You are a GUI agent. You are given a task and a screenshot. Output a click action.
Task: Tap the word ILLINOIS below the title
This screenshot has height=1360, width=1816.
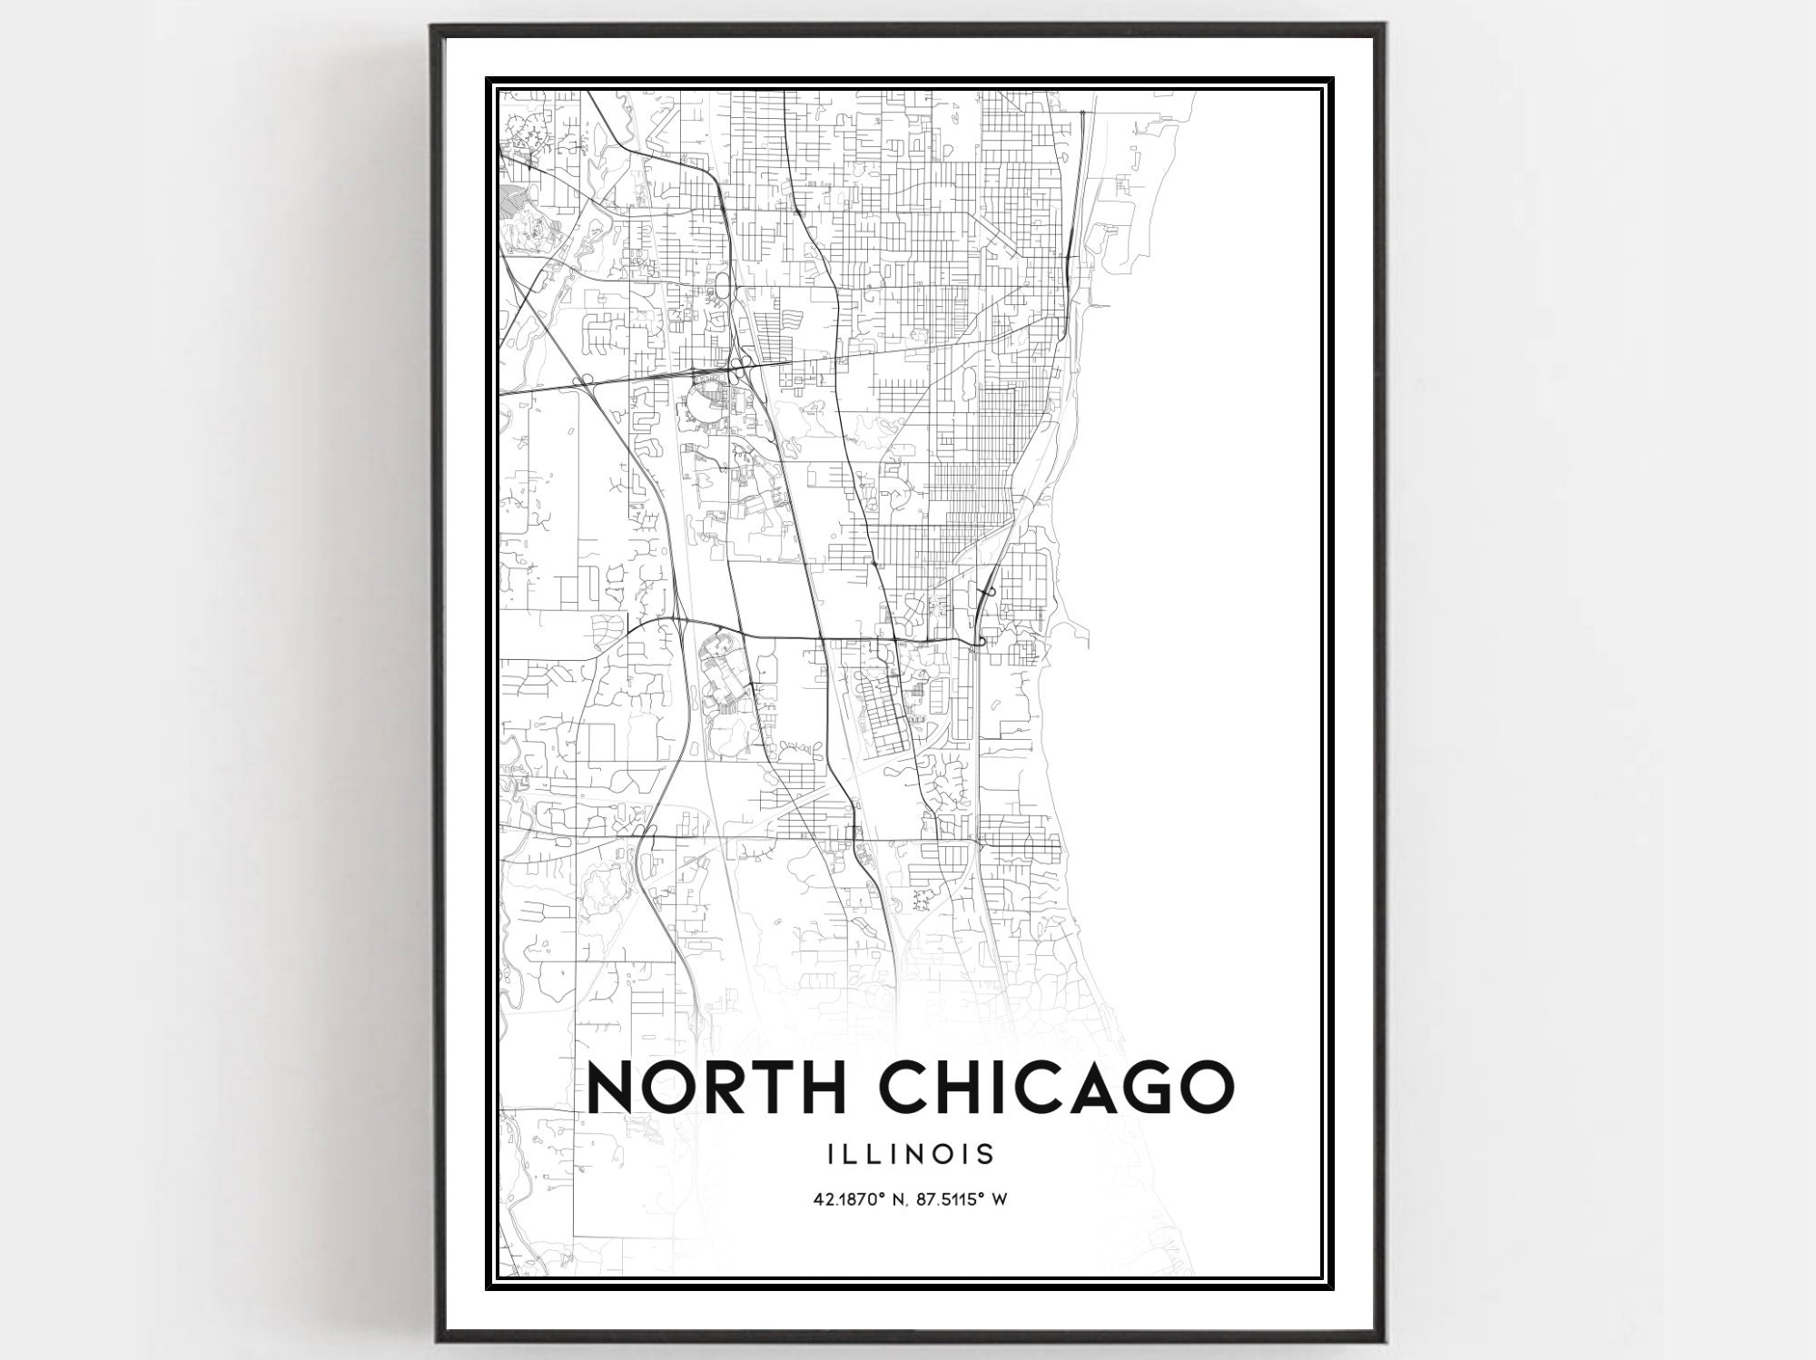coord(911,1154)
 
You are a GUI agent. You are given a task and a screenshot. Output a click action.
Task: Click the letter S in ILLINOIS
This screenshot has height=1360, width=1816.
coord(985,1154)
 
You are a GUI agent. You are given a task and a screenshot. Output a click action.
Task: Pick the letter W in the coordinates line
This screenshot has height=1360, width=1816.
coord(1001,1199)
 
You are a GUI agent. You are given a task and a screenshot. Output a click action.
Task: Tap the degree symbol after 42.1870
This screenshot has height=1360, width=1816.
coord(881,1196)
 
